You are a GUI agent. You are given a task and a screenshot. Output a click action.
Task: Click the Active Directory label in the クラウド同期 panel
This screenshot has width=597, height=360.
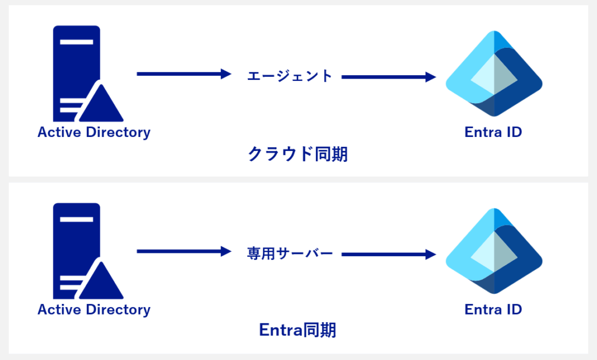(x=94, y=132)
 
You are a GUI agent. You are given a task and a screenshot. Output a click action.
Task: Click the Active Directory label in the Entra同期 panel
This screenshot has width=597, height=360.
(x=94, y=309)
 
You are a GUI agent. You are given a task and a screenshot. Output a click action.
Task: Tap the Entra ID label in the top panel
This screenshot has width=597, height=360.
(x=493, y=132)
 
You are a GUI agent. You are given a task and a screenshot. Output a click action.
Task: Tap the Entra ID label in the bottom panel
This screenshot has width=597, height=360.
(x=493, y=309)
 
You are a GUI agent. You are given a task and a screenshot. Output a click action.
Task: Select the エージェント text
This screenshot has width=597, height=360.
(x=289, y=76)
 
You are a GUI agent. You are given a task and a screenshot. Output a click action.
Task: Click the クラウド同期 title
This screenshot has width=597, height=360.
(x=298, y=154)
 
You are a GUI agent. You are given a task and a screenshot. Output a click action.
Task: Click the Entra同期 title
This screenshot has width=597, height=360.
(x=298, y=330)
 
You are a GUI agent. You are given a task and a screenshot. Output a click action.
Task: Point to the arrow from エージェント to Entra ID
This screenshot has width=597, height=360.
(x=388, y=76)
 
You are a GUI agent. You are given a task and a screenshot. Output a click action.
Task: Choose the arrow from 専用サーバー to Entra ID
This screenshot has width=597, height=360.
(x=388, y=254)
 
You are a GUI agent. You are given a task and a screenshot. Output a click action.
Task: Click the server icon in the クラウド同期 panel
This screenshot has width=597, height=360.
(x=76, y=70)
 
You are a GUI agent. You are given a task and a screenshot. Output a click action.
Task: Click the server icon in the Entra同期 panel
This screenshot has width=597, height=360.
(x=76, y=248)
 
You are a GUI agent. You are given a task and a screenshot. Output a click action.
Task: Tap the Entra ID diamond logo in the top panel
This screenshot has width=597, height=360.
(x=494, y=74)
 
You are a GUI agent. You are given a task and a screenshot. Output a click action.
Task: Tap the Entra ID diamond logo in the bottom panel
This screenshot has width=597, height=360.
(x=494, y=251)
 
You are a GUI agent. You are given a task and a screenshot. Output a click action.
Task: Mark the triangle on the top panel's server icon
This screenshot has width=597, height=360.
(x=101, y=107)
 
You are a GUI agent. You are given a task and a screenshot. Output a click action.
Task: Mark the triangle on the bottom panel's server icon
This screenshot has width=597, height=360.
(x=101, y=284)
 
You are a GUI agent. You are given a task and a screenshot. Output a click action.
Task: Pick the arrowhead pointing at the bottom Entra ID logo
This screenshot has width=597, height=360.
(x=431, y=254)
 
